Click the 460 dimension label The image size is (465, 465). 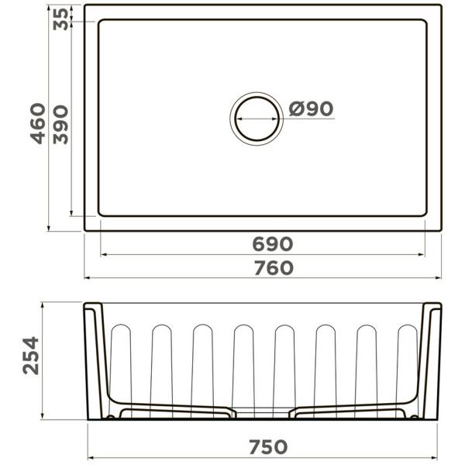(38, 124)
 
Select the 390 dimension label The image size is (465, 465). (60, 125)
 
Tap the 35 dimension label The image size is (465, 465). (60, 19)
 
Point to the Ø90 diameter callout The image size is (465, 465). (311, 108)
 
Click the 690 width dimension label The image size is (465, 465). (273, 244)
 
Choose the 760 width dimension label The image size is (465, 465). (274, 268)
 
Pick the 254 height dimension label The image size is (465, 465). (31, 356)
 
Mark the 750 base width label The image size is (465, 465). (268, 446)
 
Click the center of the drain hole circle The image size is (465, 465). (257, 119)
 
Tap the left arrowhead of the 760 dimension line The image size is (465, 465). (88, 278)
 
